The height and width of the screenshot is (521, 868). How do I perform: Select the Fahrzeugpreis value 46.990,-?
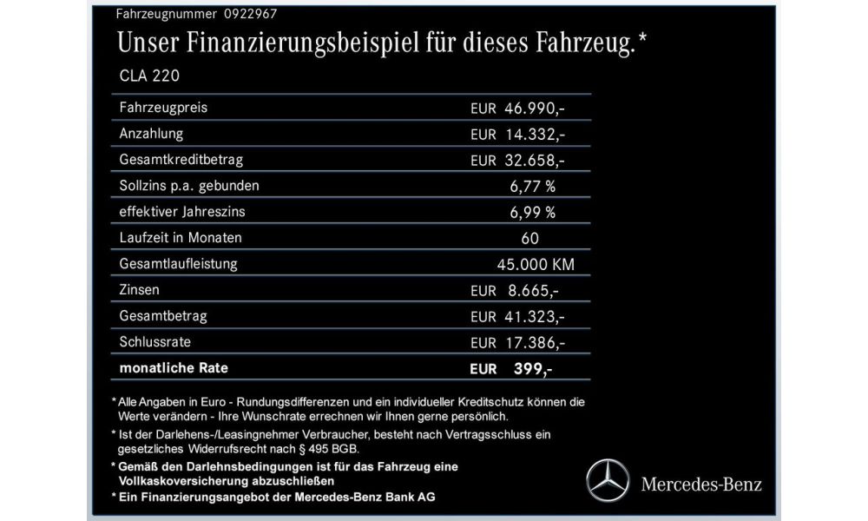point(535,109)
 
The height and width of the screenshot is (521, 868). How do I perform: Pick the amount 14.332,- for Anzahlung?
point(535,135)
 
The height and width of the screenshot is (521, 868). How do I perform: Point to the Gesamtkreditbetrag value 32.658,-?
point(535,161)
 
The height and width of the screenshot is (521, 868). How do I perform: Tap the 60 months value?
point(530,238)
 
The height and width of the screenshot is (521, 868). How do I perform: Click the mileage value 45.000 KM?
point(533,264)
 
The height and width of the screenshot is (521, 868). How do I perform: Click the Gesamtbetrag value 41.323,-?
point(535,316)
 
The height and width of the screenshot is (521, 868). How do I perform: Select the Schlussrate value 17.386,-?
point(535,342)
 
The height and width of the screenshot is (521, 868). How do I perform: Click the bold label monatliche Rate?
point(174,368)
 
